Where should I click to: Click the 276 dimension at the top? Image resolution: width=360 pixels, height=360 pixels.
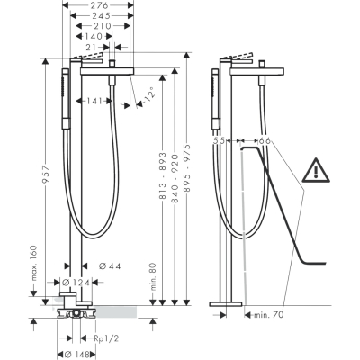pyautogui.click(x=99, y=5)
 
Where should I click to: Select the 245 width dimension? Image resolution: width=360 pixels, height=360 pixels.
pyautogui.click(x=102, y=15)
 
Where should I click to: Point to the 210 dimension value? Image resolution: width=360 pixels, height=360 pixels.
pyautogui.click(x=103, y=26)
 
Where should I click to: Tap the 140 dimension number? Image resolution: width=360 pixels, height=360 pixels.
pyautogui.click(x=94, y=36)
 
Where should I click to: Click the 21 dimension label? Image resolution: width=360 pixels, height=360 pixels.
pyautogui.click(x=92, y=47)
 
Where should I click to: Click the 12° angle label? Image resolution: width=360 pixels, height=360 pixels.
pyautogui.click(x=149, y=94)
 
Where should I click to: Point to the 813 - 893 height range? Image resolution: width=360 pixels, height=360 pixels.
pyautogui.click(x=162, y=175)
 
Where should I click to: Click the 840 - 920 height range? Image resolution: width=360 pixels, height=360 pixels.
pyautogui.click(x=175, y=177)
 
